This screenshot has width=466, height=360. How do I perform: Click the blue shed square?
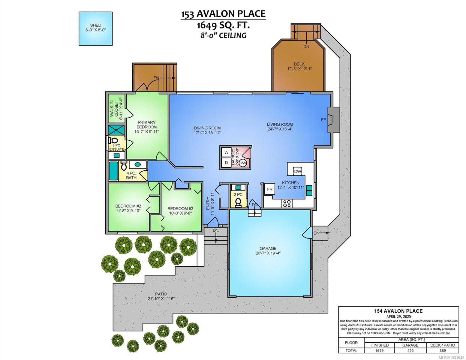click(x=96, y=28)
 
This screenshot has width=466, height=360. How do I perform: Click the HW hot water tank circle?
click(x=243, y=163)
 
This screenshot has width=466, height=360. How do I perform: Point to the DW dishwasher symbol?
click(x=297, y=171)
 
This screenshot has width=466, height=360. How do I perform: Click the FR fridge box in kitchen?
click(x=270, y=189)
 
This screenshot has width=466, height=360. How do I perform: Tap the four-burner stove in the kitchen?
click(x=287, y=203)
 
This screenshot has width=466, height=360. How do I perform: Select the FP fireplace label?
click(x=323, y=120)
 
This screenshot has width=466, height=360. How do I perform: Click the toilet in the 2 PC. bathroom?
click(x=239, y=202)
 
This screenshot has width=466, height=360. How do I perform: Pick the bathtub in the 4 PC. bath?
click(x=113, y=171)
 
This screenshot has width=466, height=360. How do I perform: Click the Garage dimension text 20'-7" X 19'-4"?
click(x=268, y=253)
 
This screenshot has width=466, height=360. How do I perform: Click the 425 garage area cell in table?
click(x=410, y=350)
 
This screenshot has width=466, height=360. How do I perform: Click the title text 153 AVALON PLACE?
click(x=223, y=14)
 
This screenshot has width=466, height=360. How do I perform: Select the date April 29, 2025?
click(x=398, y=316)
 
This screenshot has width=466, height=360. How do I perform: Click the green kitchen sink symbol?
click(x=309, y=191)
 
